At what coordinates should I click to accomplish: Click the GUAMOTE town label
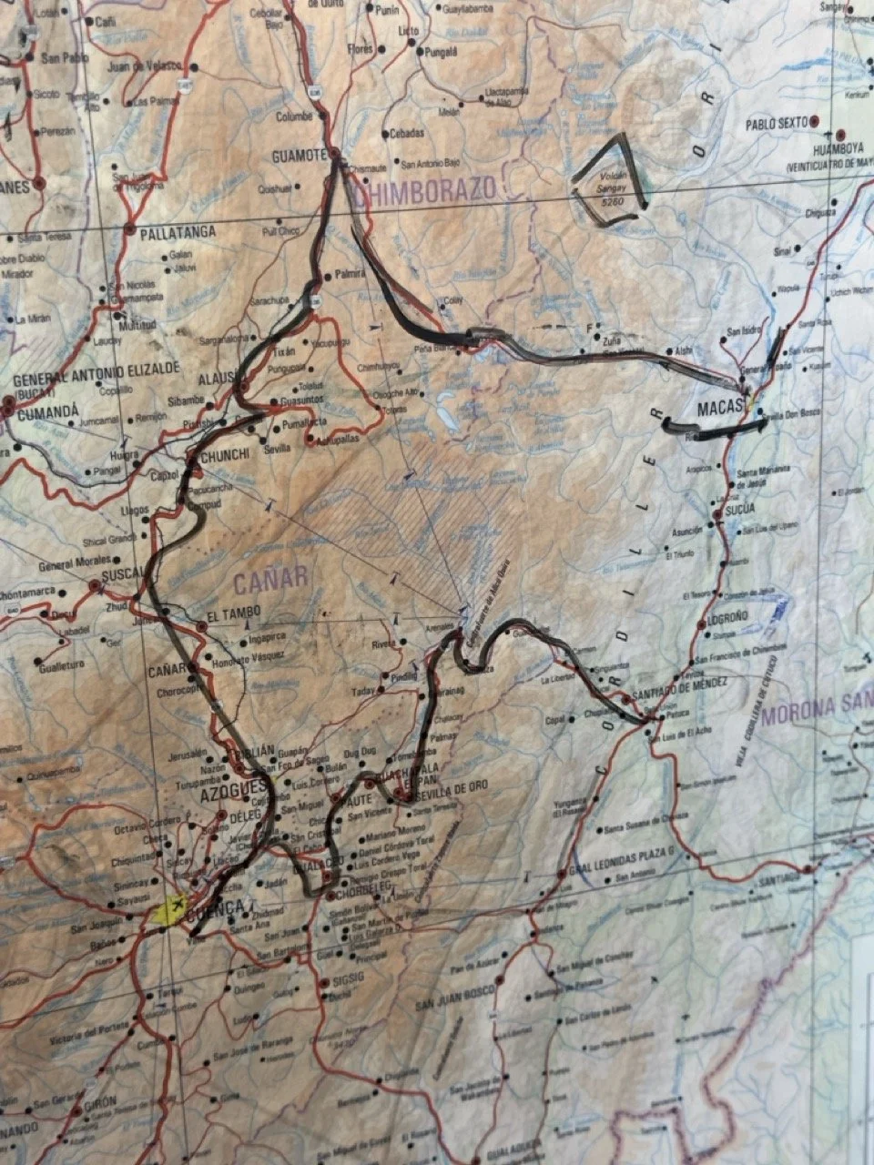tap(298, 156)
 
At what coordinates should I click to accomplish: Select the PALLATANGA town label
tap(178, 232)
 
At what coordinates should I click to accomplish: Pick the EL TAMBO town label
tap(234, 613)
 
